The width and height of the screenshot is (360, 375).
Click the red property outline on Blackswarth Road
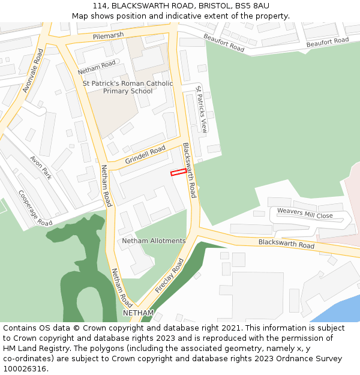(178, 172)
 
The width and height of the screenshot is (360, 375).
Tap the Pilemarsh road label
(108, 36)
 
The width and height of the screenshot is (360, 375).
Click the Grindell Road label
(145, 155)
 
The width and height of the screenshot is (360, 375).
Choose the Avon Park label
(41, 167)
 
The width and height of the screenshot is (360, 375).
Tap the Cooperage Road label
(35, 208)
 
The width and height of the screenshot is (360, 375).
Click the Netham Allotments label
(154, 241)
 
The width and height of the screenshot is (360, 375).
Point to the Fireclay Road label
(169, 276)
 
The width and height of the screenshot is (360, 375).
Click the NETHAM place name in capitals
(139, 313)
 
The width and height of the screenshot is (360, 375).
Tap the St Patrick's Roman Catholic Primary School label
(128, 87)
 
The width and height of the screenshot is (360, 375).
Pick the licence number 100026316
(25, 368)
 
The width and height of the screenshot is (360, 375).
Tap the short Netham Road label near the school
(96, 67)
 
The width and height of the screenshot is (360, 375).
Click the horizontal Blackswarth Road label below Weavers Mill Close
(286, 244)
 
